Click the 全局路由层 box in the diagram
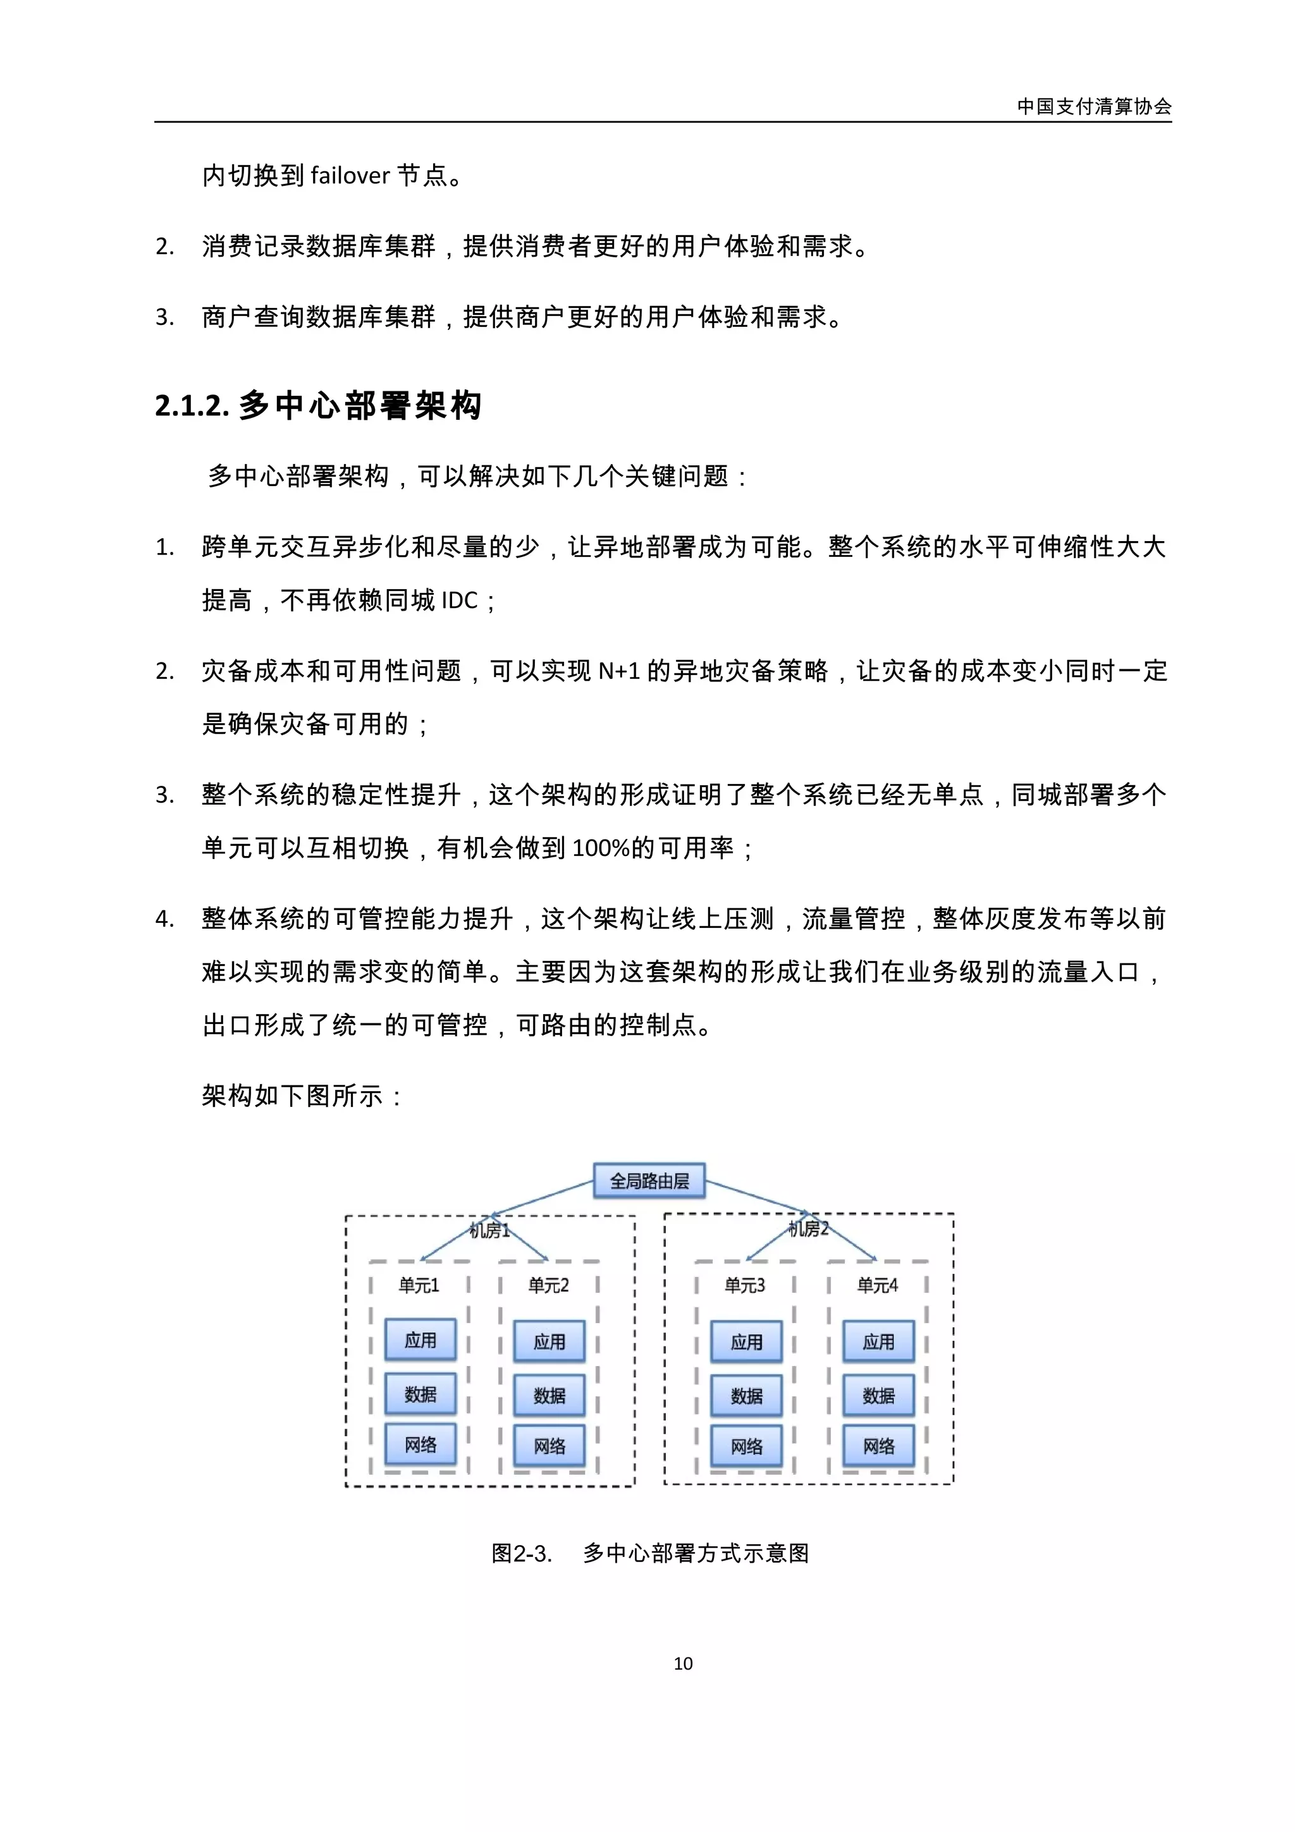click(x=649, y=1181)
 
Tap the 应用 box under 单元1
click(x=420, y=1340)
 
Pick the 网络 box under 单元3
click(x=746, y=1446)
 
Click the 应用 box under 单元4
click(x=878, y=1341)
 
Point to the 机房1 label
click(x=489, y=1231)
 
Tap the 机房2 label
click(x=808, y=1229)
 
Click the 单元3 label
click(x=744, y=1285)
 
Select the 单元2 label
click(x=549, y=1285)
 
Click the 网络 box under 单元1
click(x=420, y=1444)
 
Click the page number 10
click(x=683, y=1664)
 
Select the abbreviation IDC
click(x=460, y=600)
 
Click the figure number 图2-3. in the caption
click(x=521, y=1553)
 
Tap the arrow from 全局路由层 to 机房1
click(x=543, y=1199)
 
